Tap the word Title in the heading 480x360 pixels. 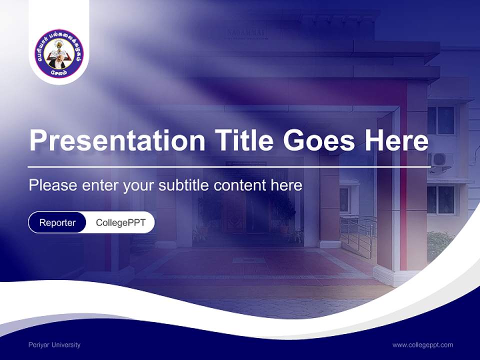[x=240, y=140]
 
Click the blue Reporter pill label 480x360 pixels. [x=57, y=222]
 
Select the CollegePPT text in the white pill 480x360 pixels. [x=120, y=222]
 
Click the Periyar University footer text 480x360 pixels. [x=54, y=345]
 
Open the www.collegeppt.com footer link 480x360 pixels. [x=422, y=345]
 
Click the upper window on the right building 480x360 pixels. [x=441, y=120]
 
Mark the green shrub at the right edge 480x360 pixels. [x=440, y=245]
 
